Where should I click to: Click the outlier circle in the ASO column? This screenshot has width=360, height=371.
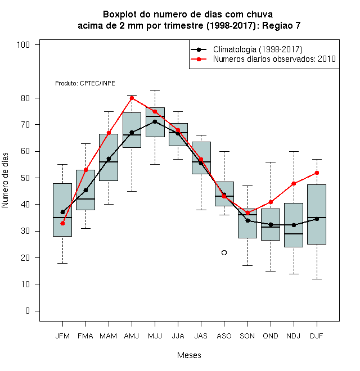224,253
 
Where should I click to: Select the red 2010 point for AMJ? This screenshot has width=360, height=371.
132,98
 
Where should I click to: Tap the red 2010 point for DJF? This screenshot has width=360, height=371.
317,173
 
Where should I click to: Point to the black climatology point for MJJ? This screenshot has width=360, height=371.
155,121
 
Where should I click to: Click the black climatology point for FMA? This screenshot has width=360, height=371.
85,190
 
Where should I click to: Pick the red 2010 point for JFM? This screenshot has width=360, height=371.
62,223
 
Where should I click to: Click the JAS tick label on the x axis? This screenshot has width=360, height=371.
201,336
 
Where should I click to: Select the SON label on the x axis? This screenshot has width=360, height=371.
247,336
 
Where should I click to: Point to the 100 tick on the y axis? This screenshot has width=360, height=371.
23,45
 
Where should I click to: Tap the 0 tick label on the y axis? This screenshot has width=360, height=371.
28,311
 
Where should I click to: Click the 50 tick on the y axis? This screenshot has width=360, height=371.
25,178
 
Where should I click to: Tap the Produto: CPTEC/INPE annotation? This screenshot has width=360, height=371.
85,83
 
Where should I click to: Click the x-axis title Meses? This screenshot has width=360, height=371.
189,355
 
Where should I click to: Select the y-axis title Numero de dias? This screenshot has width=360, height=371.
5,180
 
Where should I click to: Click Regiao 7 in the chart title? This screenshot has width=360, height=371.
281,25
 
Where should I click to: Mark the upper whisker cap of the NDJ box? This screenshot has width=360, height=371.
294,151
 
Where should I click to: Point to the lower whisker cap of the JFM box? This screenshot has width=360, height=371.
62,263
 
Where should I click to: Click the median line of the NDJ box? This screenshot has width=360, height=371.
294,234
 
